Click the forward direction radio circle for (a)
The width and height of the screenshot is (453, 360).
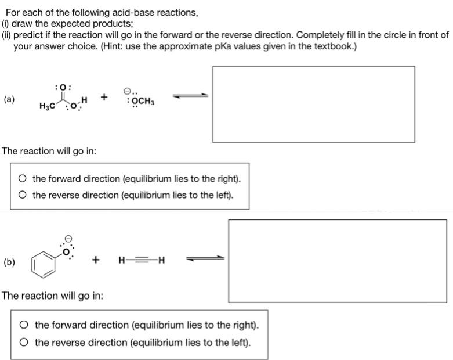click(23, 179)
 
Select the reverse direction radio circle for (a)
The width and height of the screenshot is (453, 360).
click(23, 195)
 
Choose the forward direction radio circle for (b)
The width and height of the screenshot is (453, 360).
click(25, 326)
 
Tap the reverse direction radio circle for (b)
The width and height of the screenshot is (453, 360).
click(25, 342)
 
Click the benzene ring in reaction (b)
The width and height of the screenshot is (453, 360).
click(45, 262)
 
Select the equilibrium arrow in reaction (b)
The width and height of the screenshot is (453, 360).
click(205, 259)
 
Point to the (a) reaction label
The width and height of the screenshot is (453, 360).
click(9, 99)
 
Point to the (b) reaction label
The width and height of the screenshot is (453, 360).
click(9, 262)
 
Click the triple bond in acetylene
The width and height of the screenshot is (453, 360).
click(140, 260)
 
